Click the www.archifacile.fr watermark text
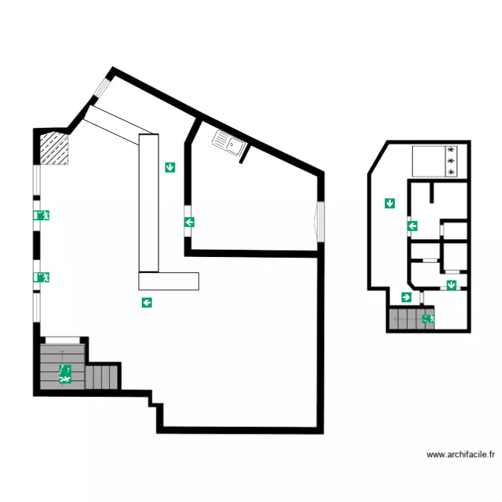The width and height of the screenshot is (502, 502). click(x=460, y=455)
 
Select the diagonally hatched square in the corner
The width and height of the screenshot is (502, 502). click(x=54, y=149)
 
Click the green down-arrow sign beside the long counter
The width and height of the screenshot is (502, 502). click(x=170, y=167)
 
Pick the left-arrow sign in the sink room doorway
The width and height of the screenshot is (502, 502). click(x=189, y=222)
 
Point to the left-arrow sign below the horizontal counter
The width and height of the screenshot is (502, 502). click(x=147, y=303)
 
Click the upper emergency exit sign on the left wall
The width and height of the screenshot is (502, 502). click(x=41, y=216)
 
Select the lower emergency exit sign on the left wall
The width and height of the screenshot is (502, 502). click(x=41, y=277)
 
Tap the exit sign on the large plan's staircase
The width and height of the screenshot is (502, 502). click(x=65, y=374)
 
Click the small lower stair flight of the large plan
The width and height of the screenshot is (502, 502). click(x=102, y=376)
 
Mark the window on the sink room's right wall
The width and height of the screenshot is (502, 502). click(x=320, y=220)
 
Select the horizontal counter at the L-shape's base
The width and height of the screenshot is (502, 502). click(x=169, y=281)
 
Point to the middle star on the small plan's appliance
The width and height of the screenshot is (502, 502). click(x=450, y=161)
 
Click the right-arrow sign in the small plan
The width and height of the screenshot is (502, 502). click(x=406, y=297)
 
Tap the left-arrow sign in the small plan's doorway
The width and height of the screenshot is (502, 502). click(x=413, y=226)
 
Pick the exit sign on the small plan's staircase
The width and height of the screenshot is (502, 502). click(x=428, y=319)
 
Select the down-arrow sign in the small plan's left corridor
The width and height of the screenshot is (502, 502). click(x=390, y=203)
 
